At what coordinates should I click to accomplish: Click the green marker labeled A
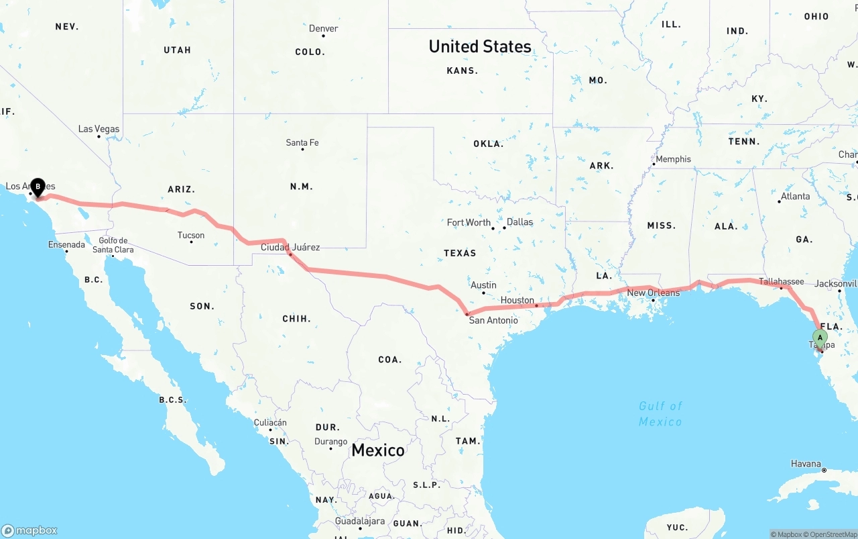click(819, 338)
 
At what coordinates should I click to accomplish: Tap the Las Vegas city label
click(99, 129)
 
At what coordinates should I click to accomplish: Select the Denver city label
click(323, 29)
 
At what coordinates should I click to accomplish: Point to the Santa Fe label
click(302, 142)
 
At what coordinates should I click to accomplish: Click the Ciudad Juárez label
click(290, 247)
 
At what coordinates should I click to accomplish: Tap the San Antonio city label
click(493, 320)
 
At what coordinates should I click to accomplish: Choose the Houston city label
click(517, 300)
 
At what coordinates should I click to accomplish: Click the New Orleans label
click(654, 293)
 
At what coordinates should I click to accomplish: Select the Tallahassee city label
click(782, 281)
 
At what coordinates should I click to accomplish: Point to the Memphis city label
click(673, 159)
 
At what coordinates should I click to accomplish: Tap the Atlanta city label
click(795, 197)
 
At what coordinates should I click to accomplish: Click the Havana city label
click(806, 464)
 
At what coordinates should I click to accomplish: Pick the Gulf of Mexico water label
click(660, 413)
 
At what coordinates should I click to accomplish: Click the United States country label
click(480, 46)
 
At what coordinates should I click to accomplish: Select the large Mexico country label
click(378, 450)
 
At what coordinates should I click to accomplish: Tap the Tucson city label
click(191, 235)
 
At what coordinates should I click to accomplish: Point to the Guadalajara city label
click(361, 521)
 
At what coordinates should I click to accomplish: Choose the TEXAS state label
click(460, 253)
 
